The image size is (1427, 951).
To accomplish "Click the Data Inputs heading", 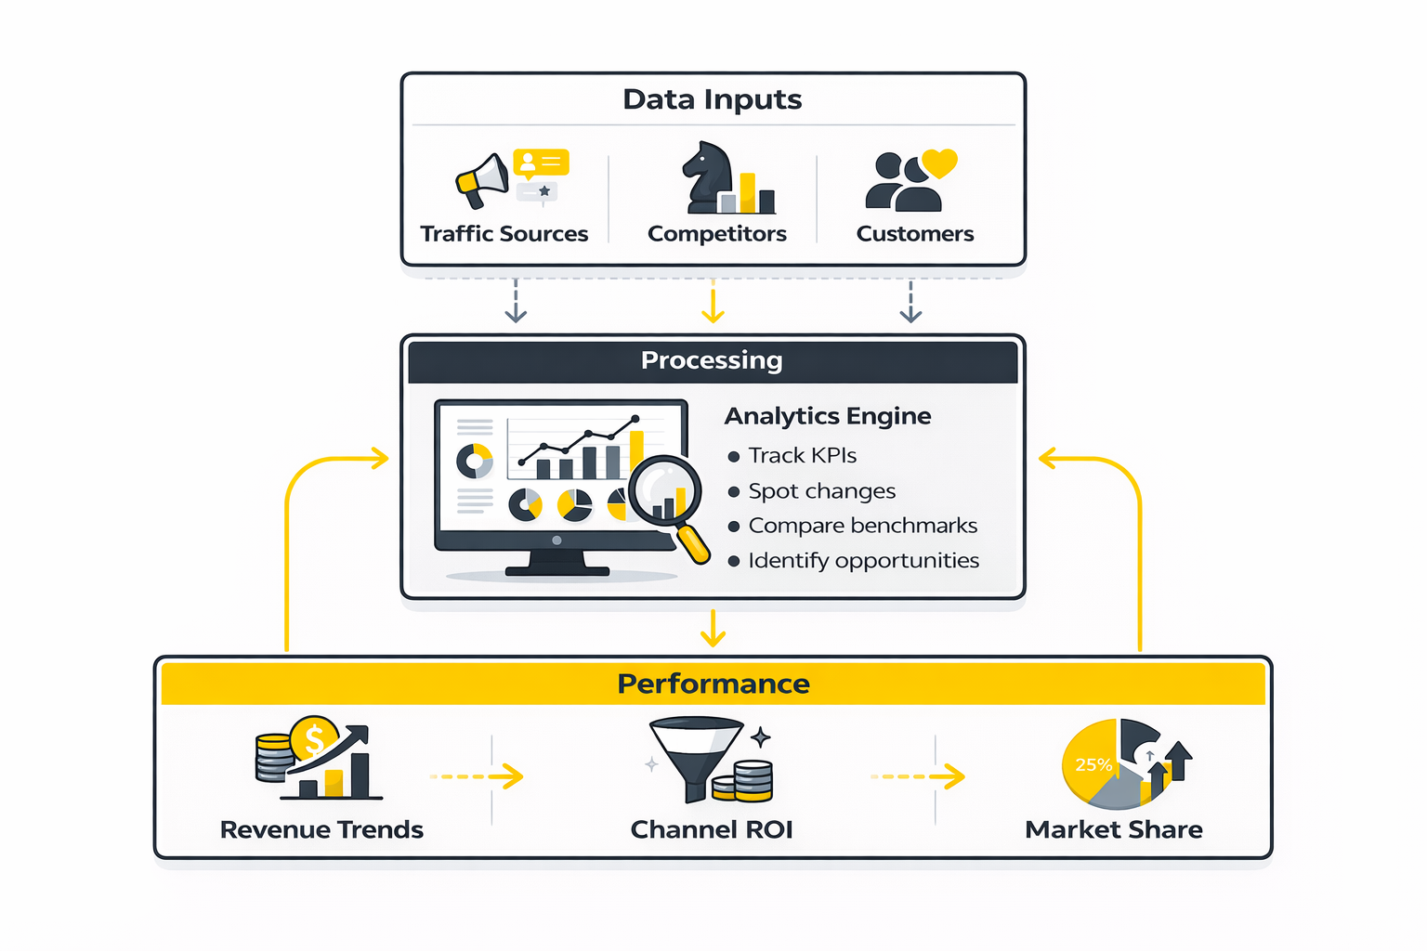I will pyautogui.click(x=712, y=99).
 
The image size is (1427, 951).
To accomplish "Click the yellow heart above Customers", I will pyautogui.click(x=939, y=163).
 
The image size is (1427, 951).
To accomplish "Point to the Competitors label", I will pyautogui.click(x=716, y=234).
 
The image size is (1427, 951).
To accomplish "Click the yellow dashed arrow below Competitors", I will pyautogui.click(x=713, y=302).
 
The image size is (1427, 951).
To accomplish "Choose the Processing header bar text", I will pyautogui.click(x=712, y=360).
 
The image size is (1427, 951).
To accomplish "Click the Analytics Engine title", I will pyautogui.click(x=827, y=416).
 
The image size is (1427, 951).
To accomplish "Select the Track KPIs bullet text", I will pyautogui.click(x=802, y=456).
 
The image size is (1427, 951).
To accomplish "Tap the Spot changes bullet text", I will pyautogui.click(x=821, y=491).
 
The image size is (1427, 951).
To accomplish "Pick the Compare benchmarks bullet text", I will pyautogui.click(x=862, y=526).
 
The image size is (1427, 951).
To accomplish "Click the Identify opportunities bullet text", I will pyautogui.click(x=863, y=561).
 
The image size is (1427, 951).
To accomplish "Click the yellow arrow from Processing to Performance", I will pyautogui.click(x=713, y=629).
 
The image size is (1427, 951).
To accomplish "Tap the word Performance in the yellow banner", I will pyautogui.click(x=713, y=684).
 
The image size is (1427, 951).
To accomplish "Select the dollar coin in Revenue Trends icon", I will pyautogui.click(x=314, y=740).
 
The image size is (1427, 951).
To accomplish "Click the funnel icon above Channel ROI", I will pyautogui.click(x=696, y=754).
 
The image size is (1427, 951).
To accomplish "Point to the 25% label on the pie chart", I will pyautogui.click(x=1093, y=765).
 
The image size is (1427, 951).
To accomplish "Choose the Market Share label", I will pyautogui.click(x=1113, y=829).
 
